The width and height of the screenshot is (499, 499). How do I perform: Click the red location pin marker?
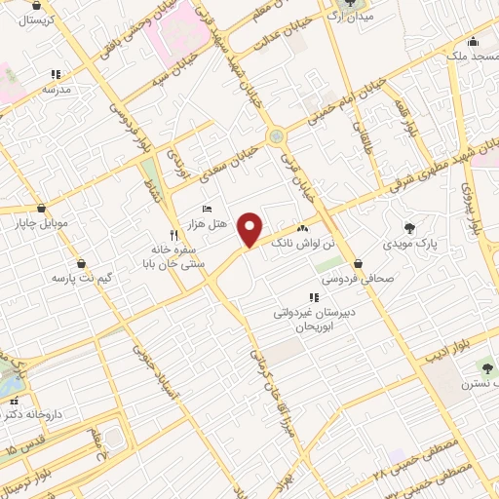pyautogui.click(x=250, y=230)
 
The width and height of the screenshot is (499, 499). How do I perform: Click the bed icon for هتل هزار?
pyautogui.click(x=206, y=209)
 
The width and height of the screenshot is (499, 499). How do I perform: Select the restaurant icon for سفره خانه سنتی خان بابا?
pyautogui.click(x=174, y=235)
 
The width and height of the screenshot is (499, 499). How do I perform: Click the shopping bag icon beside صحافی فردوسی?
pyautogui.click(x=359, y=263)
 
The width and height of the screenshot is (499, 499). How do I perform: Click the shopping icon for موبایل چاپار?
pyautogui.click(x=40, y=208)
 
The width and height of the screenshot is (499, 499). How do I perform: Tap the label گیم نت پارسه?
pyautogui.click(x=82, y=278)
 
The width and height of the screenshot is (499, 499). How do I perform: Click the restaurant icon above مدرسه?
pyautogui.click(x=56, y=74)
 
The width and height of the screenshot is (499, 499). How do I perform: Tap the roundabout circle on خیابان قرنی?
pyautogui.click(x=276, y=136)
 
